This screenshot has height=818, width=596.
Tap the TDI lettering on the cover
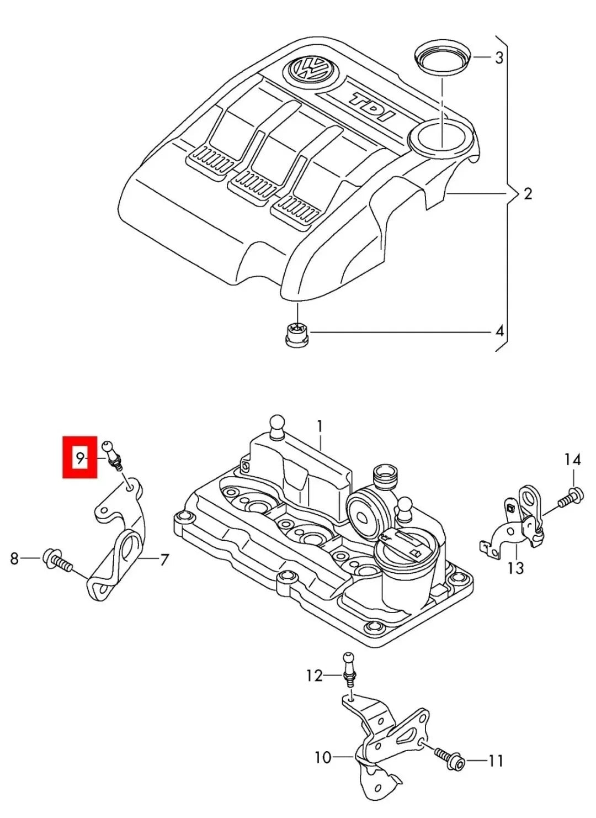[373, 107]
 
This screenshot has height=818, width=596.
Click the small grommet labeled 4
[296, 334]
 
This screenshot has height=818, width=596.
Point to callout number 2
[528, 194]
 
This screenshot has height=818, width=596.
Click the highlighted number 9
[80, 457]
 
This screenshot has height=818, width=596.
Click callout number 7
[164, 560]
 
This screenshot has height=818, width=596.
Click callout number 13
[515, 568]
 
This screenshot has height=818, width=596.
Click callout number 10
[322, 757]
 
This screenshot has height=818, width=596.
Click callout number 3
[499, 57]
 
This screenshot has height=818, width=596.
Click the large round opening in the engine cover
[441, 136]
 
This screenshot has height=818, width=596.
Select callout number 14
[572, 459]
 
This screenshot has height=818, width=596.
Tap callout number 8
[15, 558]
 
